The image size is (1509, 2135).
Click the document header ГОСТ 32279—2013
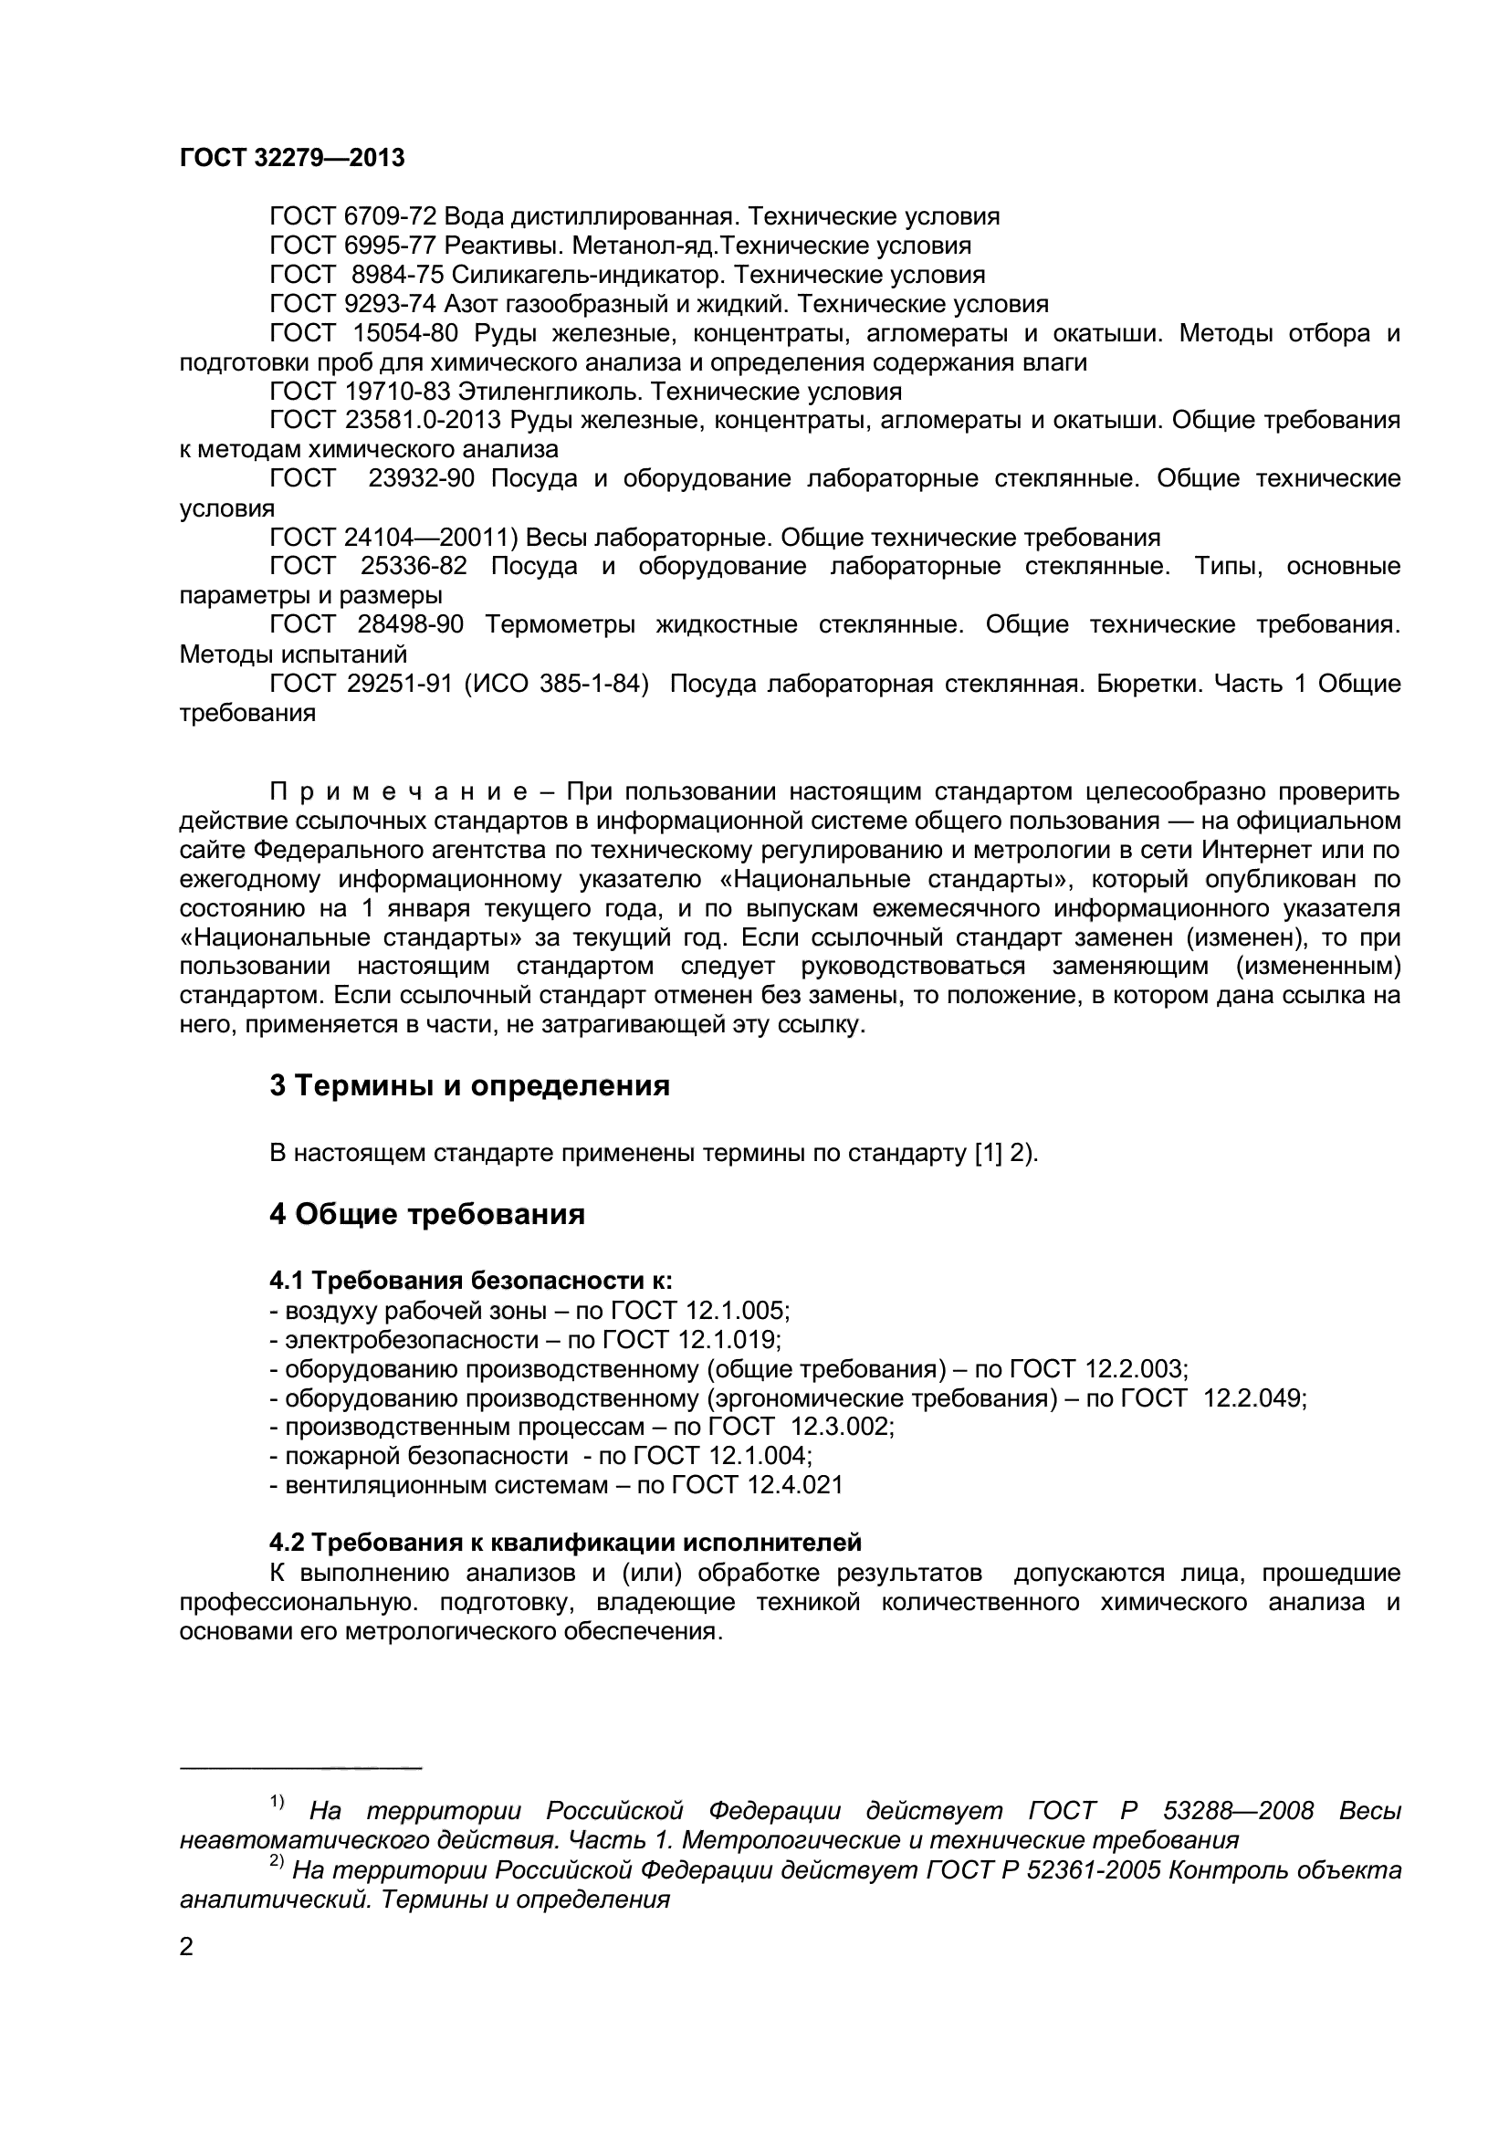(x=292, y=158)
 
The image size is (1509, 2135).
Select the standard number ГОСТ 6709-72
(x=352, y=216)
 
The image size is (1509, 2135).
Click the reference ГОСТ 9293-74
(x=352, y=304)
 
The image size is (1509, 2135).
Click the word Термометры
(x=560, y=625)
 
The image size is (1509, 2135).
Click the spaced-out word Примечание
(x=399, y=792)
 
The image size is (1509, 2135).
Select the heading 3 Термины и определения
(x=469, y=1085)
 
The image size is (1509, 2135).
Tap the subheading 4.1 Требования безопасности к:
(x=471, y=1281)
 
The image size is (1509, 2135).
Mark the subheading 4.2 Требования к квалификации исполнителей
(x=565, y=1543)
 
